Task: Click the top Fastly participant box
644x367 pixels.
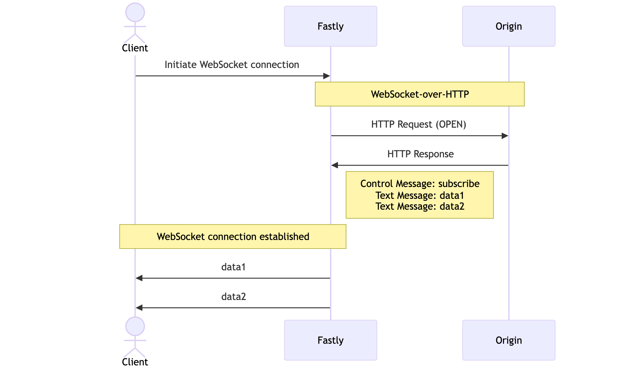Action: click(x=330, y=26)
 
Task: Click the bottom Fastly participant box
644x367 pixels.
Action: click(x=330, y=340)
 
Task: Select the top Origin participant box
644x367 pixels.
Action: click(x=508, y=26)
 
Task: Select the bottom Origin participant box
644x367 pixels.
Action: click(x=508, y=340)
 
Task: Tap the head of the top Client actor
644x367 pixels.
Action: click(x=135, y=12)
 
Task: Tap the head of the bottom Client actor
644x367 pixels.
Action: click(x=135, y=326)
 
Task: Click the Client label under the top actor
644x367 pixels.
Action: click(x=135, y=48)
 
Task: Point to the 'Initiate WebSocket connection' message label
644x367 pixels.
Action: click(x=232, y=65)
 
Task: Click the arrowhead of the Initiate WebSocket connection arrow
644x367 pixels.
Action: click(x=326, y=76)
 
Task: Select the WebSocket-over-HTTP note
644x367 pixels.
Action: click(x=419, y=94)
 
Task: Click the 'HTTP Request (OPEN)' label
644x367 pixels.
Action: click(x=418, y=124)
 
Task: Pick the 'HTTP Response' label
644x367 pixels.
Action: click(x=420, y=154)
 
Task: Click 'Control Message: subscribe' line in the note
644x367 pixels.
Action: click(x=420, y=184)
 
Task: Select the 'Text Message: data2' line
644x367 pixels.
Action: click(x=420, y=206)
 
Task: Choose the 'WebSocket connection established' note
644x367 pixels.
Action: click(x=233, y=236)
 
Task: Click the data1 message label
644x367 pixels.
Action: click(x=233, y=267)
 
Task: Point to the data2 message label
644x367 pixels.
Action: click(x=233, y=297)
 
